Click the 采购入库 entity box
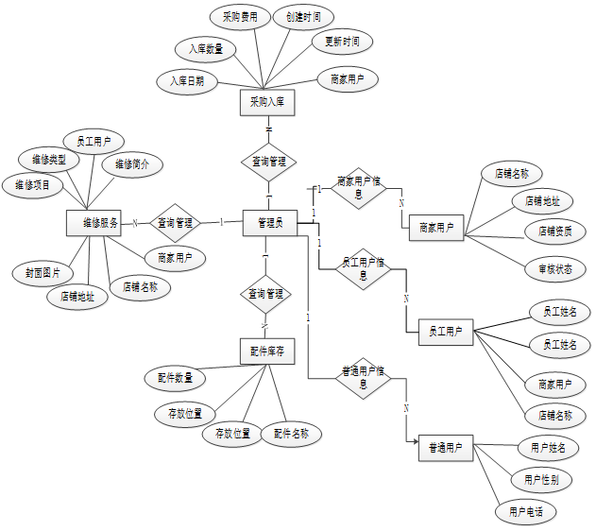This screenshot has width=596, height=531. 267,101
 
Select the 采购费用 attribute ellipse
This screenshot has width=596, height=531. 240,17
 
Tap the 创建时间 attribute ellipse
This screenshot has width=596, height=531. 302,17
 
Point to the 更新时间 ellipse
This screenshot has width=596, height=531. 342,43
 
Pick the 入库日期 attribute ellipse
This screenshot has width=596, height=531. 187,81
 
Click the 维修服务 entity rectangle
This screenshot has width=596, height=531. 94,224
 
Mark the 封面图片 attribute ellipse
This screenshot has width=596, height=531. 43,272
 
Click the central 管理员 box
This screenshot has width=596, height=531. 270,222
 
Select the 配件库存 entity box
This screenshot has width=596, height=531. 267,352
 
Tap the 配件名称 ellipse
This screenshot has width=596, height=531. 291,434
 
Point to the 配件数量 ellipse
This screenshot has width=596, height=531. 175,378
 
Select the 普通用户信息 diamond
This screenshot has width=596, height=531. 363,377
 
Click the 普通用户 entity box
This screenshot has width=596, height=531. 445,448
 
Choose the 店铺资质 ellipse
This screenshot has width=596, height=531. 553,231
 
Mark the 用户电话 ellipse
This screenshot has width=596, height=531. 525,512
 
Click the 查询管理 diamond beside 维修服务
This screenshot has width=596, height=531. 175,223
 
